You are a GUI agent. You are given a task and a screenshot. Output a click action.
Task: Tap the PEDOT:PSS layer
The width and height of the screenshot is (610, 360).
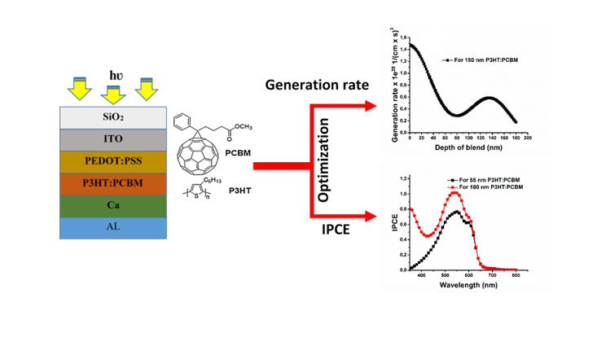(108, 161)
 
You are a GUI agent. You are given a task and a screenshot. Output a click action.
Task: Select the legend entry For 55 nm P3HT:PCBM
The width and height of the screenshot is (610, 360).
(486, 178)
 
